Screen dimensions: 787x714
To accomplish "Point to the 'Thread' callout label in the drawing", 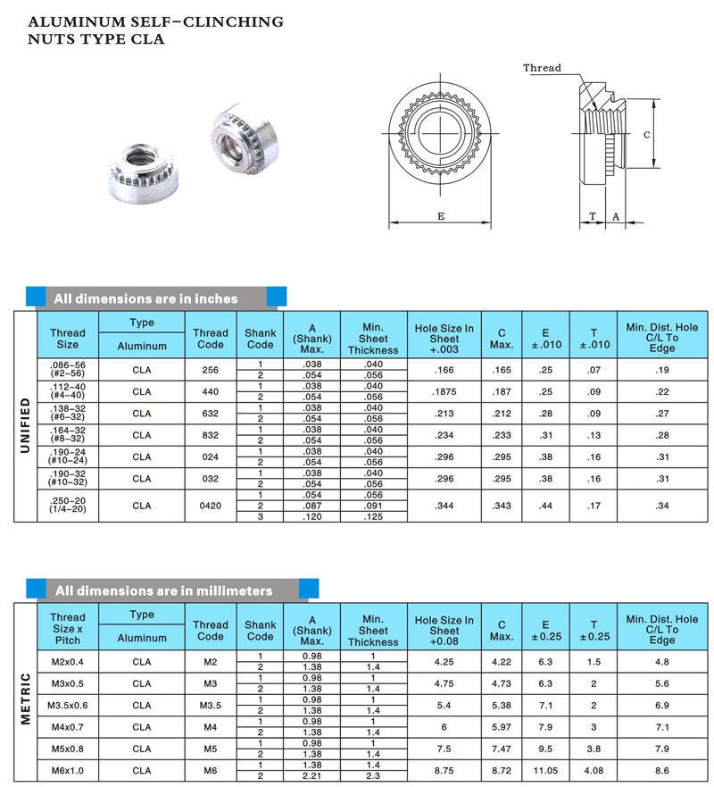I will [542, 68].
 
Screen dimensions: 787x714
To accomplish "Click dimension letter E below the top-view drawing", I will [441, 216].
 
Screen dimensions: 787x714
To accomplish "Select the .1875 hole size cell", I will [444, 391].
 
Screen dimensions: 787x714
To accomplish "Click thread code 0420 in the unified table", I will [211, 506].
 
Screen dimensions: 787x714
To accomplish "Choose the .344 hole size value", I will [444, 506].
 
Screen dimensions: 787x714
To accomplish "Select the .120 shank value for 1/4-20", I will [311, 516].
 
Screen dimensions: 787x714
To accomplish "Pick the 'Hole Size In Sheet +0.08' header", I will [444, 630].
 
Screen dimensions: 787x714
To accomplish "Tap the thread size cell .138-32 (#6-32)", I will [68, 414].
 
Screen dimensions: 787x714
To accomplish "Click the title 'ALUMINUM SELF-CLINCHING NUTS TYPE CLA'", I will [155, 29].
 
